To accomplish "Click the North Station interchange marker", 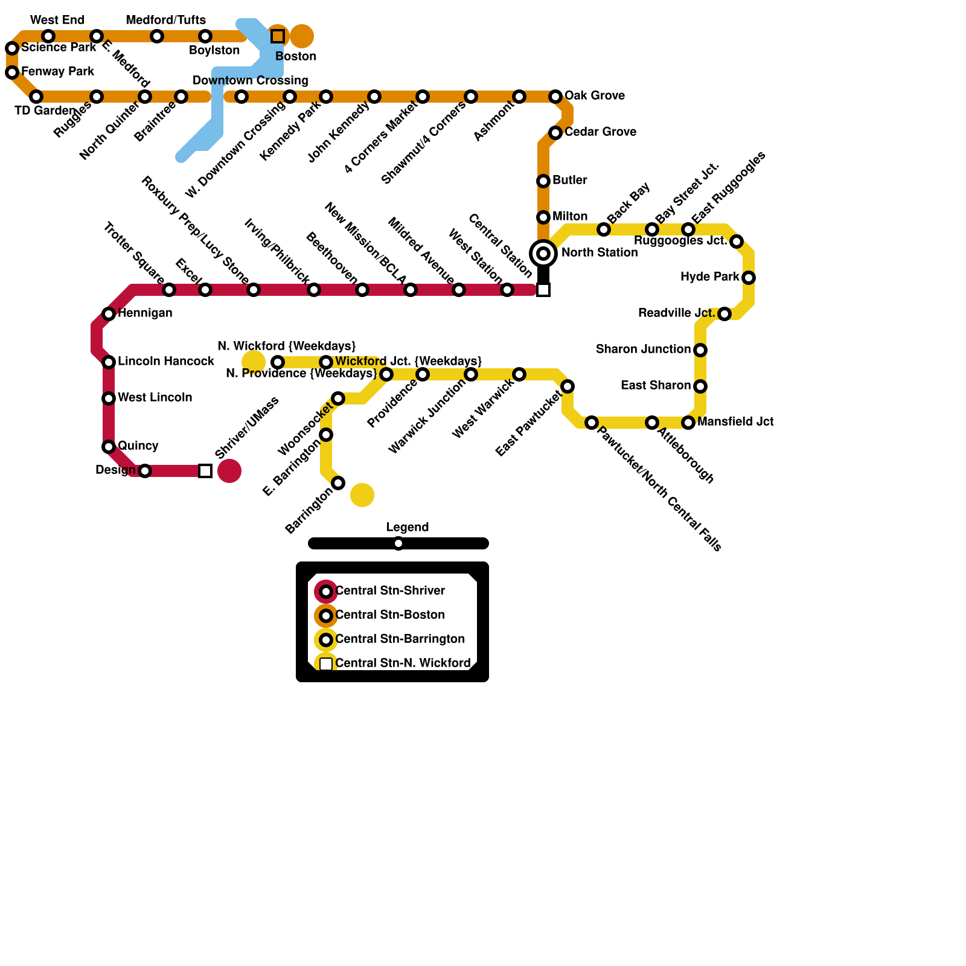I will [543, 254].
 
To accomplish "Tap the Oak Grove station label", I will [594, 96].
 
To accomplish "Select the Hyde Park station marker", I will [749, 278].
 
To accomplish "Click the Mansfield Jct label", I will [735, 422].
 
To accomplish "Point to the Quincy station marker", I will [109, 447].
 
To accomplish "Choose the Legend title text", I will [408, 528].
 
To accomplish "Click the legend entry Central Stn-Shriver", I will [389, 591].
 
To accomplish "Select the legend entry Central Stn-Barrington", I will [400, 639].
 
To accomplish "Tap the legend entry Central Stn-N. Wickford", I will [402, 664].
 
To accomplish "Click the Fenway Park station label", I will [57, 72].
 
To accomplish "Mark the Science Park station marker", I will [12, 48].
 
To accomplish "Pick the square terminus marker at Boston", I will [278, 36].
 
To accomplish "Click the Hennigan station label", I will [145, 313].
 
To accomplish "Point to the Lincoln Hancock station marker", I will [109, 362].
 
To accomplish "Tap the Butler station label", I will [569, 181].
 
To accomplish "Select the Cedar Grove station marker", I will [555, 133].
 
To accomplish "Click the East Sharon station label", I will [656, 386].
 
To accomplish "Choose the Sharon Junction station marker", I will [700, 350].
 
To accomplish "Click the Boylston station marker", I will [205, 36].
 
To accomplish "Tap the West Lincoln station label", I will [155, 398].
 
